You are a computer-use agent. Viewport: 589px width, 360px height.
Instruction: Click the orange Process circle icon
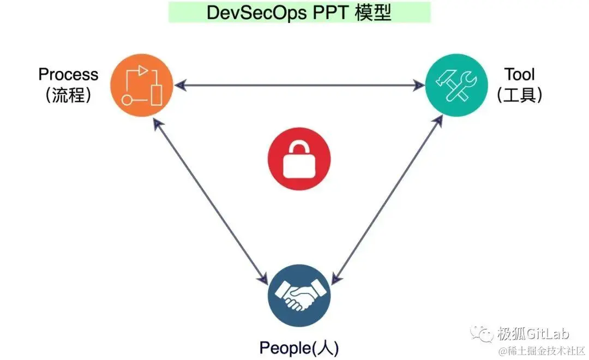click(x=142, y=85)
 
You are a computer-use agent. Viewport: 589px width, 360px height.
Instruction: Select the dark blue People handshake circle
click(x=299, y=297)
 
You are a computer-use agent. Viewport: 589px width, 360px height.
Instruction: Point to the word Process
click(x=68, y=74)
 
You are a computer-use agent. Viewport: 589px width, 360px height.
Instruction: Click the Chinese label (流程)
click(x=68, y=95)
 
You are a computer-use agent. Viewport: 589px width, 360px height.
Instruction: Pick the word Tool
click(x=519, y=74)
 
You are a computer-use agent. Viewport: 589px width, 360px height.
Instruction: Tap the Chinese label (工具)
click(x=519, y=95)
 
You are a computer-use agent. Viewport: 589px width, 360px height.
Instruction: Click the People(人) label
click(x=299, y=347)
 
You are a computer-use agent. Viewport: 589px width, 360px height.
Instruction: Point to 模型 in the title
click(x=375, y=13)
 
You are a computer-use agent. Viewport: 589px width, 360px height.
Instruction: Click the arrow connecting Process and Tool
click(x=299, y=86)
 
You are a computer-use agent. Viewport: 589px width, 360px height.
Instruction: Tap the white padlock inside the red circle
click(x=299, y=161)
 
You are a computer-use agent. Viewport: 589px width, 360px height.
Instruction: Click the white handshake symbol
click(x=299, y=297)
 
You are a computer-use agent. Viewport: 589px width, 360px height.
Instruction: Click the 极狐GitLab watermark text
click(x=532, y=333)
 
